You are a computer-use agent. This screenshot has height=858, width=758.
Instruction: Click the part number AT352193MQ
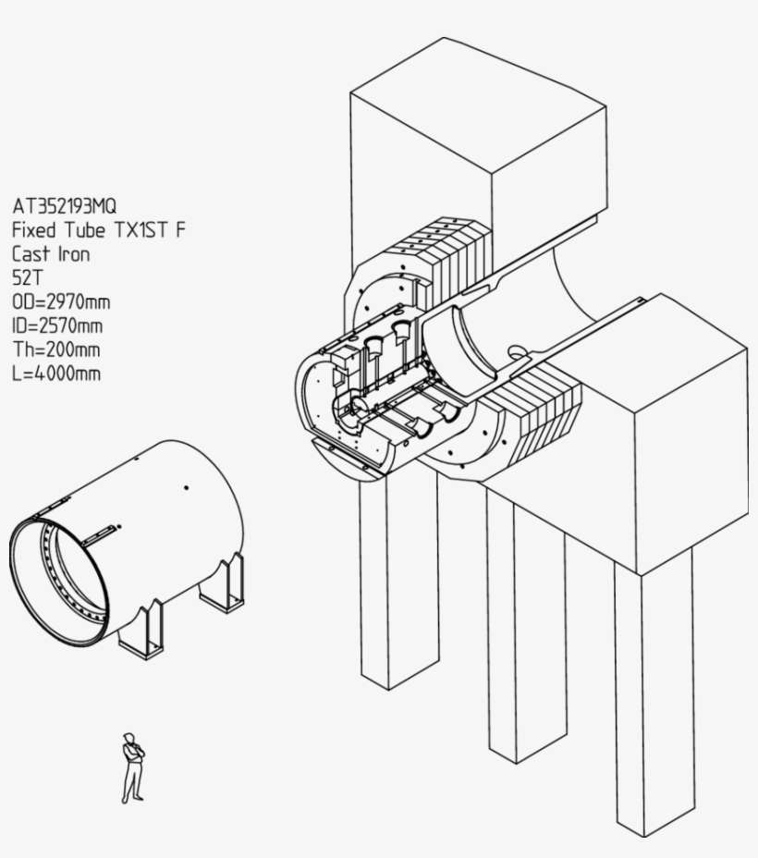(65, 205)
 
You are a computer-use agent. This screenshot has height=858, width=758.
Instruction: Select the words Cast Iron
(51, 253)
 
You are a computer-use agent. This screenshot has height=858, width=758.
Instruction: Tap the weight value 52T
(28, 277)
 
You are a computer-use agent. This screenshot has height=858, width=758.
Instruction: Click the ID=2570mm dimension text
(57, 325)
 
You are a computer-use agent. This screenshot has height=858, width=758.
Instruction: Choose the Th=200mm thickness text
(56, 349)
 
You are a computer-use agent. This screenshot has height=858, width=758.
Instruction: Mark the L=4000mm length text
(56, 374)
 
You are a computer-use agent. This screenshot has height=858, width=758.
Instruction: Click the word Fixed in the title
(33, 229)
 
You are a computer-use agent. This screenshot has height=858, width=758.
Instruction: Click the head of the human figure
(128, 738)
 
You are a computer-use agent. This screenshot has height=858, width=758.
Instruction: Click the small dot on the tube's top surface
(186, 486)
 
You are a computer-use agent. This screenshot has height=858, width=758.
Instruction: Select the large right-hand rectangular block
(666, 416)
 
